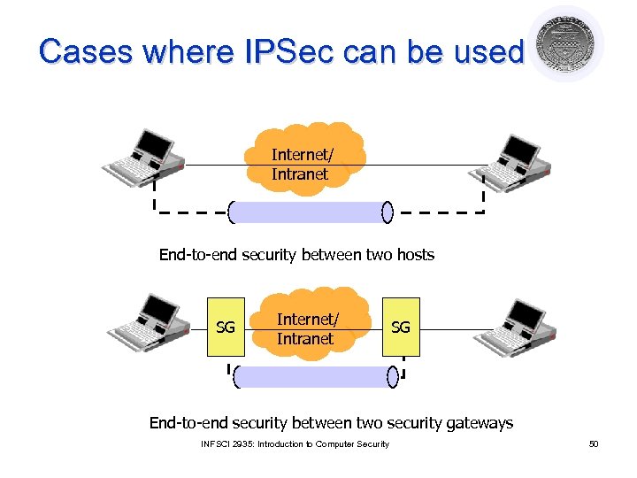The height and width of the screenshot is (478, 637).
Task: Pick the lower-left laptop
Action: point(149,324)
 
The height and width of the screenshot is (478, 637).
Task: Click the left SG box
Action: point(226,328)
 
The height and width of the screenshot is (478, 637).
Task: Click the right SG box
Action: point(401,328)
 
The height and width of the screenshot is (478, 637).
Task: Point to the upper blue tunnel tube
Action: point(308,212)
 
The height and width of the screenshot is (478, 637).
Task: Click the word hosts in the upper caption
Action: point(415,255)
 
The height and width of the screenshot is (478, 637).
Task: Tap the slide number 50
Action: point(594,443)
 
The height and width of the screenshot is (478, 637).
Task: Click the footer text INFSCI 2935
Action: point(227,443)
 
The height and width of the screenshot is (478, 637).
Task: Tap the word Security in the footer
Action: point(369,443)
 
